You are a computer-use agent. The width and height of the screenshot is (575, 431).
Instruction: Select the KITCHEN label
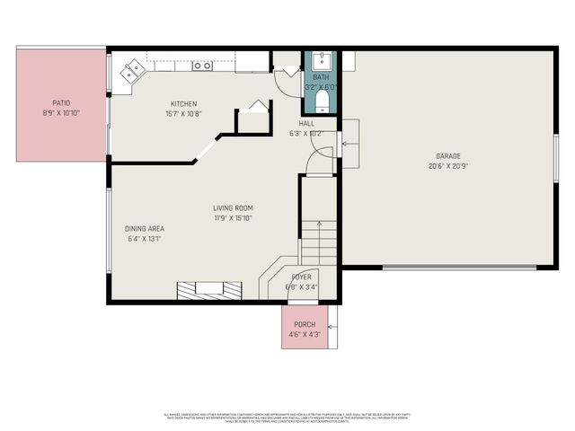coord(183,104)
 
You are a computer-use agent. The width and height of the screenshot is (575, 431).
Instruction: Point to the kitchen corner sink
coord(133,69)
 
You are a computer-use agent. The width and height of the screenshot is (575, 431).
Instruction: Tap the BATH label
coord(321,78)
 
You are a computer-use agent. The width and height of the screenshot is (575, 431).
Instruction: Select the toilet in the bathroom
coord(321,100)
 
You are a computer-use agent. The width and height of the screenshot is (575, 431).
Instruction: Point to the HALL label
coord(306,124)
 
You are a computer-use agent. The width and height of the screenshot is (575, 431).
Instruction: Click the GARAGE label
coord(448,154)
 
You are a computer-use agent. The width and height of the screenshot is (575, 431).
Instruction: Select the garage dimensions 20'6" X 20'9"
coord(448,165)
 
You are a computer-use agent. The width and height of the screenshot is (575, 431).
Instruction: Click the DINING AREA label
coord(144,228)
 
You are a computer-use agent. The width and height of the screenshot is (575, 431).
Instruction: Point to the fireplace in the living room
coord(208,288)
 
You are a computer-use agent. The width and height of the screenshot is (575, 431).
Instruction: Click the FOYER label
coord(301,277)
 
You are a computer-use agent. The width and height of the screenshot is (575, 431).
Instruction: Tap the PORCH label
coord(305,324)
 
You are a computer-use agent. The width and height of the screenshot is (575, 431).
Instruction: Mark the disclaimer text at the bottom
coord(287,417)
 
